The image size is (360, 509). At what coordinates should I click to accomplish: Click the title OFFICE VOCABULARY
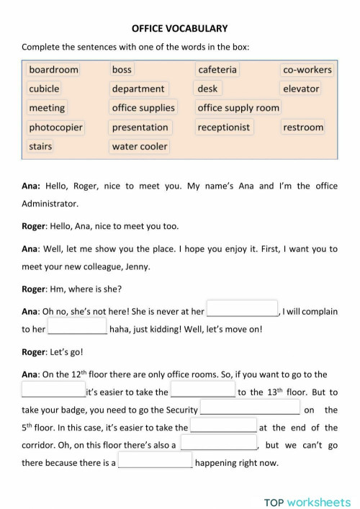(180, 28)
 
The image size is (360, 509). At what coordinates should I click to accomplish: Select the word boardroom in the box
(53, 70)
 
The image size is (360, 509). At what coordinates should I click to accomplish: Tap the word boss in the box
(122, 70)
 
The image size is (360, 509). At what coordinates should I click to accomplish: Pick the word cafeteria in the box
(217, 70)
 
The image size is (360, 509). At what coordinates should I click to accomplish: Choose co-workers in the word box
(307, 70)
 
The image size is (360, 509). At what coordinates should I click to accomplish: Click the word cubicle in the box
(44, 89)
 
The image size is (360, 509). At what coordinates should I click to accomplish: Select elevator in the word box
(301, 89)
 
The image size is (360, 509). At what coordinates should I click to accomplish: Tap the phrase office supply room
(238, 108)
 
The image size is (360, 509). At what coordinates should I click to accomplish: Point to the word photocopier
(55, 127)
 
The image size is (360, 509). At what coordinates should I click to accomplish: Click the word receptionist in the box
(224, 127)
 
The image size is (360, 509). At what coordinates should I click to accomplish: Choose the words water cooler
(140, 146)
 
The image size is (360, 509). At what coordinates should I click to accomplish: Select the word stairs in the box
(40, 146)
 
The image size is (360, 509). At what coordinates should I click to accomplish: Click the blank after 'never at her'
(243, 310)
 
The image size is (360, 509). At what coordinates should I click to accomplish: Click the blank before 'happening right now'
(155, 462)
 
